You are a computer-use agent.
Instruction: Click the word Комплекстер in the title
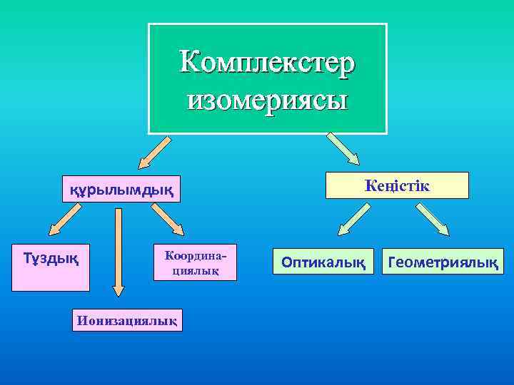(x=267, y=61)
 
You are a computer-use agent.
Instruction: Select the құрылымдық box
(x=121, y=189)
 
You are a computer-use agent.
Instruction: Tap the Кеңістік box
(x=397, y=185)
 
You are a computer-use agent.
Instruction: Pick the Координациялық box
(x=191, y=263)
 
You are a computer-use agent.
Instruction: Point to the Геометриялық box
(x=443, y=262)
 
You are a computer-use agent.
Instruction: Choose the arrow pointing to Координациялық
(x=170, y=220)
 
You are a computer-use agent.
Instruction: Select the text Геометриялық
(x=443, y=262)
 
